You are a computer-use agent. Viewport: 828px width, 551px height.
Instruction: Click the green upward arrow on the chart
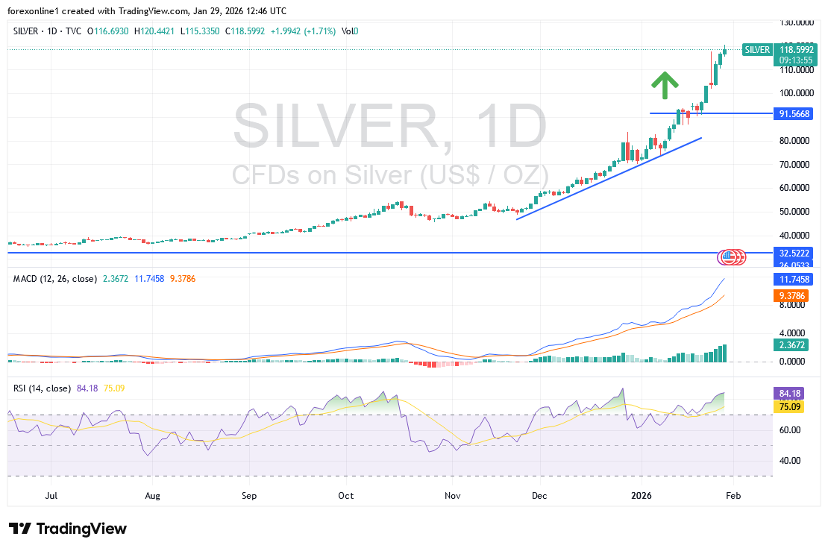pyautogui.click(x=664, y=85)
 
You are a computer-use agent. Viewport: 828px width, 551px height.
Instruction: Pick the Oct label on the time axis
pyautogui.click(x=345, y=495)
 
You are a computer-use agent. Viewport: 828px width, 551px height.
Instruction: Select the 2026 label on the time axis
pyautogui.click(x=642, y=495)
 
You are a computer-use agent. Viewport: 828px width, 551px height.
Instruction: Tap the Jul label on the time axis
pyautogui.click(x=52, y=495)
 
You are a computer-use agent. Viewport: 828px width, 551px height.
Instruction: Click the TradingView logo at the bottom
pyautogui.click(x=68, y=529)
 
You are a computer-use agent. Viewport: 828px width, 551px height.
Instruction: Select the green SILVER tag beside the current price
pyautogui.click(x=757, y=49)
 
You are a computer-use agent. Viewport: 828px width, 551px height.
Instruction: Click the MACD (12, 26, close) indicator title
pyautogui.click(x=55, y=279)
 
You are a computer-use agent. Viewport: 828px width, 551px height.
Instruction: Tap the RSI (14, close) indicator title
pyautogui.click(x=43, y=388)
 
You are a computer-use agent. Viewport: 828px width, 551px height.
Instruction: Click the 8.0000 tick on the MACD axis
pyautogui.click(x=792, y=304)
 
